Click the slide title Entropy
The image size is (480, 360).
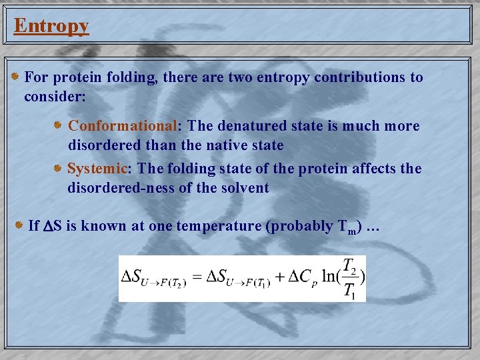point(51,26)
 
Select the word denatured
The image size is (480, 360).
point(256,126)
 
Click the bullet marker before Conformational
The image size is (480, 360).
point(58,125)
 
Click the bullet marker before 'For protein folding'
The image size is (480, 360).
point(15,77)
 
